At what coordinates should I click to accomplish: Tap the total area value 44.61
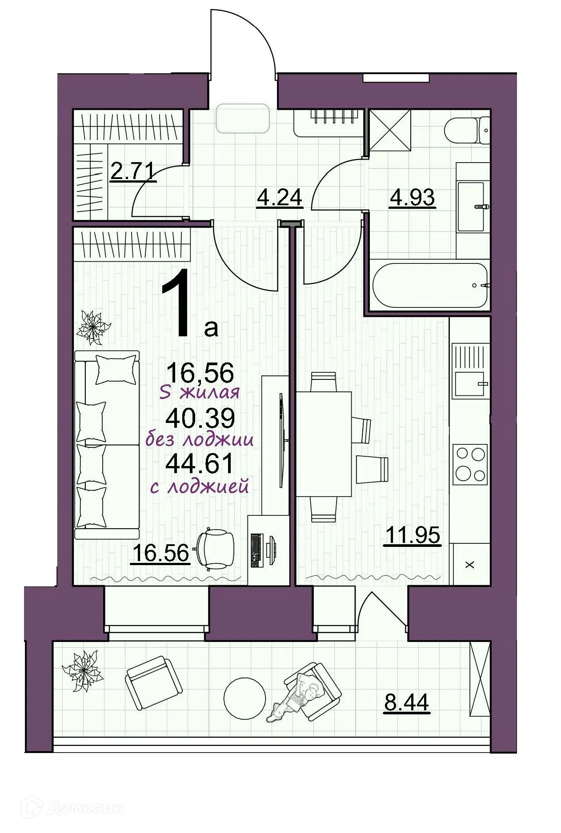point(199,464)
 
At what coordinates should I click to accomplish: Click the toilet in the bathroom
point(468,130)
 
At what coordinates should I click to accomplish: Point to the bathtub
point(430,285)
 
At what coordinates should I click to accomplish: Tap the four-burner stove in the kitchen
point(470,464)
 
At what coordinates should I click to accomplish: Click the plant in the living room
point(93,327)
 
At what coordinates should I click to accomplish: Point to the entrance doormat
point(243,118)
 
